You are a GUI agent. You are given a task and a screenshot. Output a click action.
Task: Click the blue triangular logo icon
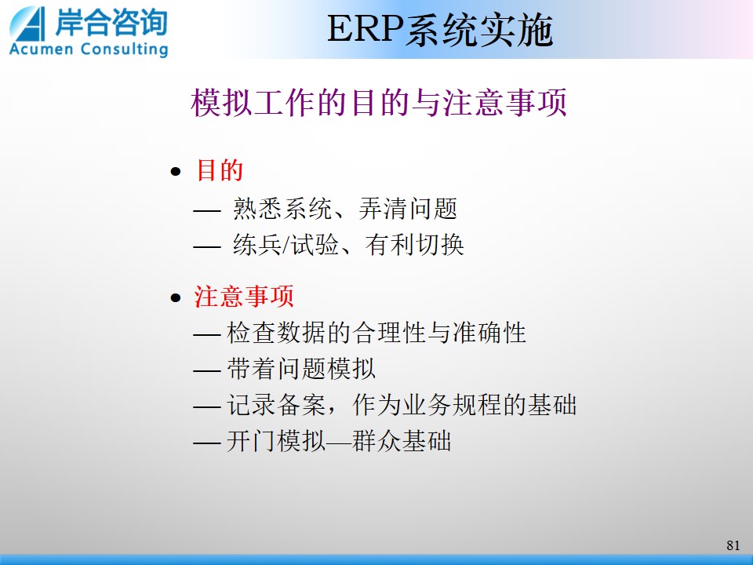click(x=28, y=24)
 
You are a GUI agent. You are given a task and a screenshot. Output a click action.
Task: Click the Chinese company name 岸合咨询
click(x=111, y=22)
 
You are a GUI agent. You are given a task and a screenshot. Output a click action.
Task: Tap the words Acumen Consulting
click(x=89, y=49)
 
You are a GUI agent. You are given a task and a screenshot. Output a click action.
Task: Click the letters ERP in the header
click(x=365, y=30)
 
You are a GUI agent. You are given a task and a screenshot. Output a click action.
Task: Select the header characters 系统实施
click(x=478, y=31)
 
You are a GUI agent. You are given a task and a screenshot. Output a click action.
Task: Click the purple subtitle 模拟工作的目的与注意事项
click(x=379, y=102)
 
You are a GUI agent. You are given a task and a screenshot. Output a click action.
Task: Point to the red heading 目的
click(x=220, y=170)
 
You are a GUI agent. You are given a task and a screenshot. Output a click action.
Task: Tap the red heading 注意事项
click(x=244, y=296)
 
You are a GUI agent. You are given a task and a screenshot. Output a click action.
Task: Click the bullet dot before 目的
click(x=176, y=172)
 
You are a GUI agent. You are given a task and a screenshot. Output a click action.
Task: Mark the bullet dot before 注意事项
click(x=176, y=298)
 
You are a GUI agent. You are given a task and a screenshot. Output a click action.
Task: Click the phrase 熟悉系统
click(x=282, y=209)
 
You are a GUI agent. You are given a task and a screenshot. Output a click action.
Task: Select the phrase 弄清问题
click(x=408, y=209)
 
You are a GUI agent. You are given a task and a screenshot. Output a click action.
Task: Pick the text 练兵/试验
click(x=286, y=245)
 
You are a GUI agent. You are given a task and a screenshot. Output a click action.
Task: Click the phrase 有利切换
click(x=414, y=245)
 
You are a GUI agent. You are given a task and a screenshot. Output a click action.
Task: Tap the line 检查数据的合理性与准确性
click(x=376, y=333)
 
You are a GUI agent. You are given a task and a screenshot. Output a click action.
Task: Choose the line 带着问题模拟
click(x=301, y=369)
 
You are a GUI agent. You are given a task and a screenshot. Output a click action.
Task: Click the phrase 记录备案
click(x=276, y=405)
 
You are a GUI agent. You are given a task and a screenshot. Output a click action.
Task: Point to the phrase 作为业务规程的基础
click(x=464, y=405)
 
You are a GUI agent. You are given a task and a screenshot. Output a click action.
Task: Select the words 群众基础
click(x=402, y=440)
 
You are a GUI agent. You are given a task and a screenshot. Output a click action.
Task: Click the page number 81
click(x=733, y=545)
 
